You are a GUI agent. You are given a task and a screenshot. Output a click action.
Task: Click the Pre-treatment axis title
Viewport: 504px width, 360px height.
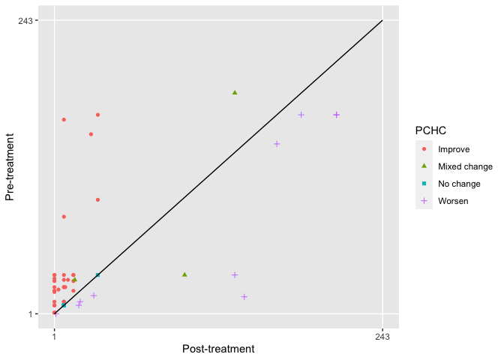pos(10,167)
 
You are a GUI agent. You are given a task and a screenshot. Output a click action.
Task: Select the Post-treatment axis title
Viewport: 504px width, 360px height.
pos(218,349)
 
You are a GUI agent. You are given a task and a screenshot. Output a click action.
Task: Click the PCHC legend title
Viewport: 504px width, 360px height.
pos(430,131)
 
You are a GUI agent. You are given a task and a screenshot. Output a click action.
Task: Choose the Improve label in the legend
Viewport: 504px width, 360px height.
pos(454,149)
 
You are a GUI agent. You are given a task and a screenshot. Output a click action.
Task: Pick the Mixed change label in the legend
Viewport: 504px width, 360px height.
pos(465,166)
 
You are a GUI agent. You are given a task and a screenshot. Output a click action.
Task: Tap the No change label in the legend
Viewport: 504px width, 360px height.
pos(459,184)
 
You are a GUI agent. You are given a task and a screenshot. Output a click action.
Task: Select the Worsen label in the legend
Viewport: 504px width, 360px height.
pos(453,201)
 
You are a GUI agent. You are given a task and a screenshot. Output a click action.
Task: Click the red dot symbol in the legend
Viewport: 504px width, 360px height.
pos(424,149)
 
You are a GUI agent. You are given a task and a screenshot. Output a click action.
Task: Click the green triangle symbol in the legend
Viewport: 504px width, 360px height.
pos(424,166)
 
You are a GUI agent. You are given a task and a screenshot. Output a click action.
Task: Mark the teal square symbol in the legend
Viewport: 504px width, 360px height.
pos(424,184)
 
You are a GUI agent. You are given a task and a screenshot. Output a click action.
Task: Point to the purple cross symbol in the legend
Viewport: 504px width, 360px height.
pos(424,201)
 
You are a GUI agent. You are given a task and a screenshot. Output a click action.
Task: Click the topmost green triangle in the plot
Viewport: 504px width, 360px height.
pos(235,92)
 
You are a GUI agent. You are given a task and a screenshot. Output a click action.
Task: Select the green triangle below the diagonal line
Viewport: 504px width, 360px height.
pos(184,274)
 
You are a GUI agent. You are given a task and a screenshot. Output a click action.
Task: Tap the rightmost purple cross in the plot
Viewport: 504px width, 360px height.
pos(337,115)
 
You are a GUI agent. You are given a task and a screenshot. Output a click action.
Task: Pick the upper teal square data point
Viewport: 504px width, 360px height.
pos(97,275)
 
